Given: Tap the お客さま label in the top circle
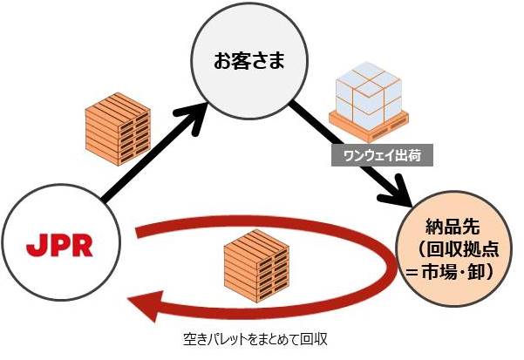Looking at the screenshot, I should click(x=249, y=63).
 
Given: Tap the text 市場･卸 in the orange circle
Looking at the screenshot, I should click(x=463, y=272).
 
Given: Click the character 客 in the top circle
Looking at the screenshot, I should click(x=240, y=63).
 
